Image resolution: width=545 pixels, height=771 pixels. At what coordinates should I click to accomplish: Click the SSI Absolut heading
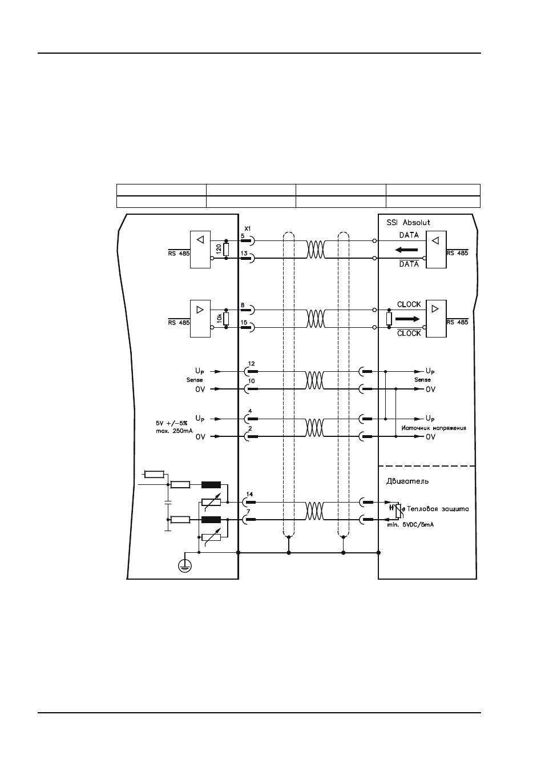click(408, 222)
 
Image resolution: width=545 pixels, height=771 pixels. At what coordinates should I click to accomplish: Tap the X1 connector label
click(248, 228)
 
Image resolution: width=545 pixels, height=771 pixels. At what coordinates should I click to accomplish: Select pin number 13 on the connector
click(244, 253)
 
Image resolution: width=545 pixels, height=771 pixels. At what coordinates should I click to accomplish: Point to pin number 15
click(244, 323)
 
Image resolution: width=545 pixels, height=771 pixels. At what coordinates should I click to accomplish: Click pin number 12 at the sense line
click(251, 363)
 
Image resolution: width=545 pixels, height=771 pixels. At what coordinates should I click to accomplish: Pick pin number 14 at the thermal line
click(249, 494)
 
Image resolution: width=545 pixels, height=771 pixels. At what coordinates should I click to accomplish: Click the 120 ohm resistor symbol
click(226, 249)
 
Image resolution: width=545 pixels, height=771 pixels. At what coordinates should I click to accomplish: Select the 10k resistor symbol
click(226, 319)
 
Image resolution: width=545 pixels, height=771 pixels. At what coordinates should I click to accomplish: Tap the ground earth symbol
click(185, 565)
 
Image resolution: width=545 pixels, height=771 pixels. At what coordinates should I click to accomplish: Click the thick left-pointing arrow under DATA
click(406, 250)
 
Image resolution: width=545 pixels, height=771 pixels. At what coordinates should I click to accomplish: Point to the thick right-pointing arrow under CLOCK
click(407, 319)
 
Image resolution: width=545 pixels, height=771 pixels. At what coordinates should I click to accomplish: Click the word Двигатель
click(407, 481)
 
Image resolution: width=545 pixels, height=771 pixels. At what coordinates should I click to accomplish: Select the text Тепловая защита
click(438, 509)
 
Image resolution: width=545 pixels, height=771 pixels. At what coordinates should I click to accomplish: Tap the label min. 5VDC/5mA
click(408, 525)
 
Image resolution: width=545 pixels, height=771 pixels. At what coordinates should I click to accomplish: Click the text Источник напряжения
click(434, 428)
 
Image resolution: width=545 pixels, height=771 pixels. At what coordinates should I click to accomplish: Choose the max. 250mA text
click(174, 431)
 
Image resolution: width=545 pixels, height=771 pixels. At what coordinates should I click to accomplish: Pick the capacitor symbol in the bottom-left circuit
click(168, 502)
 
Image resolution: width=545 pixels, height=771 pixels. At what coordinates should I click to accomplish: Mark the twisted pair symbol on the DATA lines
click(316, 250)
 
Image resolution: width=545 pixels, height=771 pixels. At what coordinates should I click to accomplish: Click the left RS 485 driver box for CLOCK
click(200, 318)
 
